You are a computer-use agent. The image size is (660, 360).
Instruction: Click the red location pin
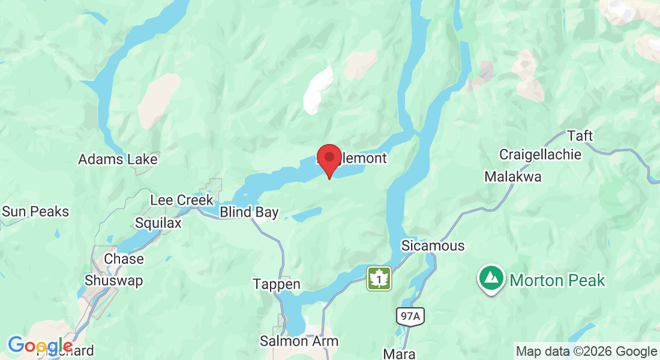(329, 158)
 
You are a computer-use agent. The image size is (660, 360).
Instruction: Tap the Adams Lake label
(118, 160)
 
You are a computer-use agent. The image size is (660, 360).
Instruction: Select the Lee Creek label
(182, 200)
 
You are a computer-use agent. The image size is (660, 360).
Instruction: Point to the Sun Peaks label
(35, 211)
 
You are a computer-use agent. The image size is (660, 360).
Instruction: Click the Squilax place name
(158, 223)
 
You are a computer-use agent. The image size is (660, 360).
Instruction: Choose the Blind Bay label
(249, 212)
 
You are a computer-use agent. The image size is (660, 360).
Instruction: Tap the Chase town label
(124, 259)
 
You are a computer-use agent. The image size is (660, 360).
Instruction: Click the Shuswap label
(114, 280)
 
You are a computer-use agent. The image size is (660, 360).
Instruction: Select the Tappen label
(277, 284)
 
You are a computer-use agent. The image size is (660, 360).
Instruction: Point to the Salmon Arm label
(299, 341)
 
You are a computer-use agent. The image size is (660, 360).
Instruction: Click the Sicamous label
(433, 246)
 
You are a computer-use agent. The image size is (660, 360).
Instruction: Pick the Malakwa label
(513, 177)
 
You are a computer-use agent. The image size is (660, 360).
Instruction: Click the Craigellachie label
(540, 155)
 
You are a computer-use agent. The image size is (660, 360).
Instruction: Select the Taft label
(580, 136)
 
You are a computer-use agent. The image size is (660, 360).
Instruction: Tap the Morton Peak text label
(558, 280)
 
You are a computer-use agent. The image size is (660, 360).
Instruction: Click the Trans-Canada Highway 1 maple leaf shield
(379, 279)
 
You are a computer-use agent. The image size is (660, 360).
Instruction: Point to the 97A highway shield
(409, 317)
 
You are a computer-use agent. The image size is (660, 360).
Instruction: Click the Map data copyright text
(587, 351)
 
